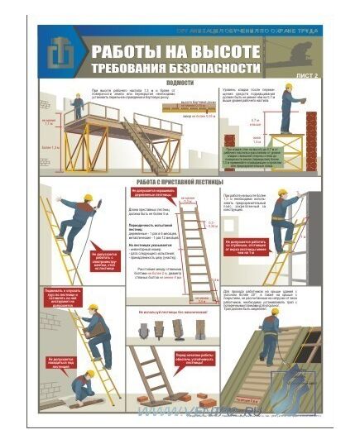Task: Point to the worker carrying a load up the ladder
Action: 96,329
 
